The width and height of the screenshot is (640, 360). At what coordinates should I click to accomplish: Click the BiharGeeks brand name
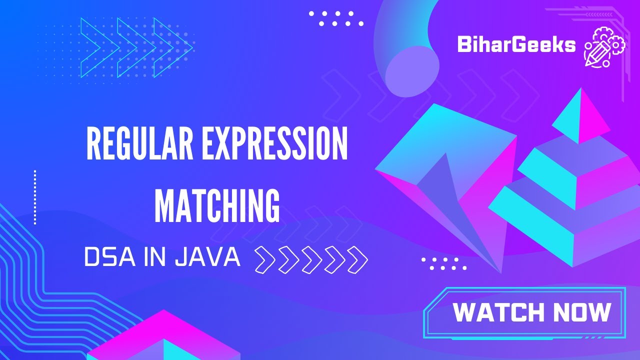point(516,45)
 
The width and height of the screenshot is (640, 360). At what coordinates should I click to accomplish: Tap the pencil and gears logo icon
point(604,47)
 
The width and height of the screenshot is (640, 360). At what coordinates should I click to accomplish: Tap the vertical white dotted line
point(35,197)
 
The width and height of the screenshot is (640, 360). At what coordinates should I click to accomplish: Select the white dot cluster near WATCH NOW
point(443,263)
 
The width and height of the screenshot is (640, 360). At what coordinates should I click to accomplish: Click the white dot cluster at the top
point(336,18)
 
